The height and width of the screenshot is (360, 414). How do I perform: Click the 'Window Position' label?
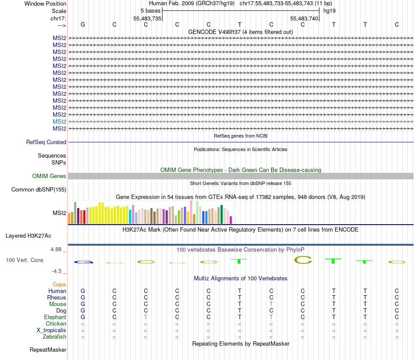pyautogui.click(x=45, y=3)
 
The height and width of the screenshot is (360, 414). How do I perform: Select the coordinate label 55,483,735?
pyautogui.click(x=147, y=18)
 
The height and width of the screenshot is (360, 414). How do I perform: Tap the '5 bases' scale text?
pyautogui.click(x=150, y=10)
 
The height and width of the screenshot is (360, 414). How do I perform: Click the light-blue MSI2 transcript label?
pyautogui.click(x=59, y=121)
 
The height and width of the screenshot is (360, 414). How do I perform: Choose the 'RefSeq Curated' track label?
pyautogui.click(x=46, y=142)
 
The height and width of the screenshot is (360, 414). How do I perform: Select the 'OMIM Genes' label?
pyautogui.click(x=49, y=176)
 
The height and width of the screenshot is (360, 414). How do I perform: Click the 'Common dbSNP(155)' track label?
pyautogui.click(x=39, y=189)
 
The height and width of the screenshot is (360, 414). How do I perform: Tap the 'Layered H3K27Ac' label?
pyautogui.click(x=28, y=236)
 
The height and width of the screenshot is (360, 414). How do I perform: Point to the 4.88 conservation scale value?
pyautogui.click(x=58, y=249)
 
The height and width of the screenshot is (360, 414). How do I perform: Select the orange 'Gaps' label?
pyautogui.click(x=59, y=284)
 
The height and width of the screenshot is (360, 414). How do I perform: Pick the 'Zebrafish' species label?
pyautogui.click(x=54, y=336)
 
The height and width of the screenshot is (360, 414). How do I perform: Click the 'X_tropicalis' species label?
pyautogui.click(x=51, y=330)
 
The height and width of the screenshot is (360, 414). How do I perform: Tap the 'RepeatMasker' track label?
pyautogui.click(x=48, y=350)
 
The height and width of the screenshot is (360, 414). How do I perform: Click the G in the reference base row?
pyautogui.click(x=83, y=24)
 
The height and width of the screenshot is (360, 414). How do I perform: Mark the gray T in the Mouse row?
pyautogui.click(x=271, y=304)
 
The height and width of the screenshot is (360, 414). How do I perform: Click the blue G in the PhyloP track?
pyautogui.click(x=83, y=262)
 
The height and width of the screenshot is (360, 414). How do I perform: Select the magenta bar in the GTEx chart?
pyautogui.click(x=231, y=220)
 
